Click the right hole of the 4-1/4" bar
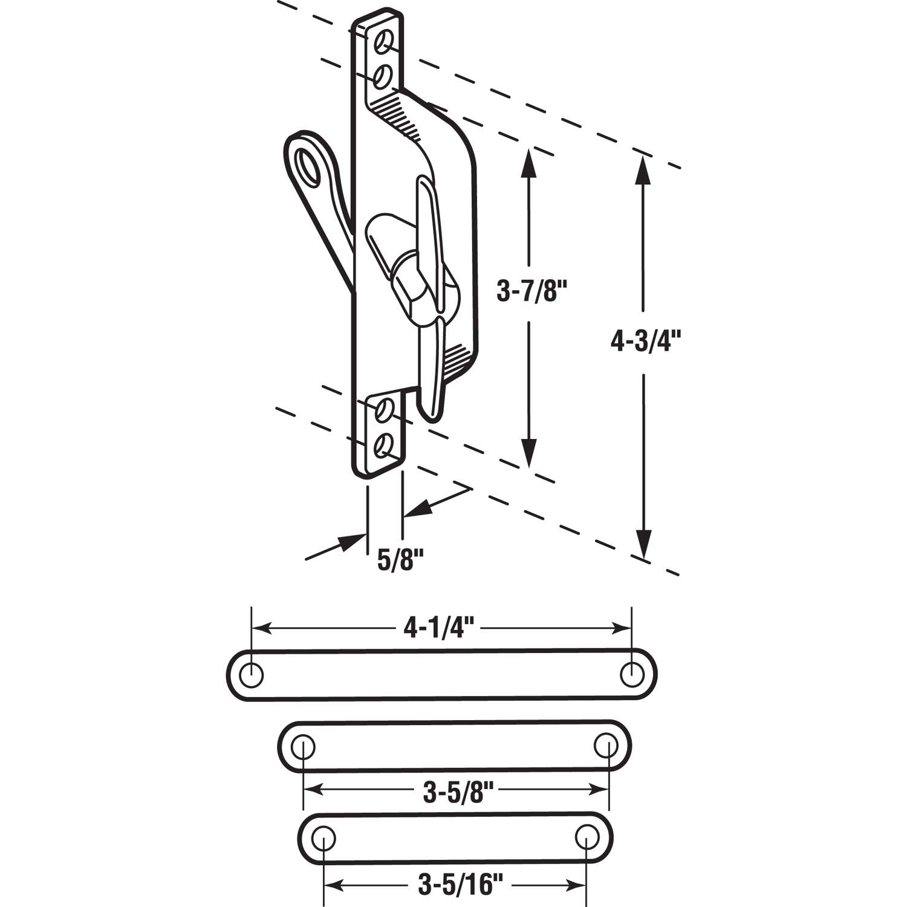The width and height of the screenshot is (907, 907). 632,673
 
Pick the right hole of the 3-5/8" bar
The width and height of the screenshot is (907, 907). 605,745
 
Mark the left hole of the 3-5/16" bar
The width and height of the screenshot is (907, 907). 325,838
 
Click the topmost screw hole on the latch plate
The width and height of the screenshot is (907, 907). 383,42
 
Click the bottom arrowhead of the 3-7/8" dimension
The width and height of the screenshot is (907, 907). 530,453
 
